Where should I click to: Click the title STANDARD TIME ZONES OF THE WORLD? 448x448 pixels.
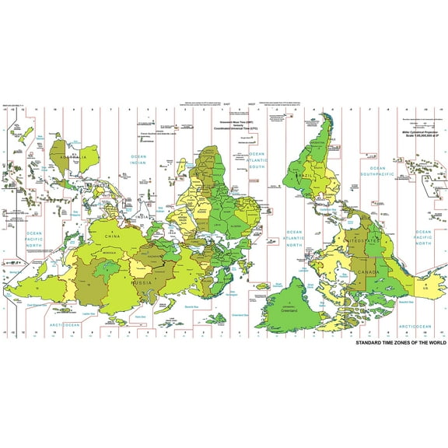pyautogui.click(x=401, y=342)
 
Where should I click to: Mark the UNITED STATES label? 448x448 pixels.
pyautogui.click(x=366, y=242)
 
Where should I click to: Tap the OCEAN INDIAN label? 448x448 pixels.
pyautogui.click(x=138, y=160)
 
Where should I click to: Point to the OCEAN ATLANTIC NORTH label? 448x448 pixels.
pyautogui.click(x=294, y=239)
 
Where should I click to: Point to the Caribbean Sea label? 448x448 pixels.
pyautogui.click(x=331, y=210)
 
